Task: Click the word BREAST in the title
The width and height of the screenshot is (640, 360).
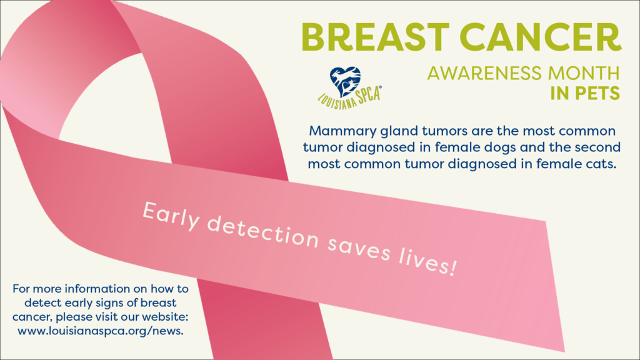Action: coord(376,37)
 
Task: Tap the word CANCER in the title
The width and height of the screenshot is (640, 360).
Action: coord(541,37)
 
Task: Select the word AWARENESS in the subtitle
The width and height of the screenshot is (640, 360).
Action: coord(485,74)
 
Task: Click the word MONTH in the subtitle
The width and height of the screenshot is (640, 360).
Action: coord(584,74)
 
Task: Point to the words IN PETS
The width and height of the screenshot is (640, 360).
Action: coord(585,94)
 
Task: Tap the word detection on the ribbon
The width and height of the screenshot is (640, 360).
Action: coord(263,232)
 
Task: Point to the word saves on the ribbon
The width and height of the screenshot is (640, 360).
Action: coord(359,249)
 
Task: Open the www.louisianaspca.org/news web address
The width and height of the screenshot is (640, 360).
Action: coord(101,331)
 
